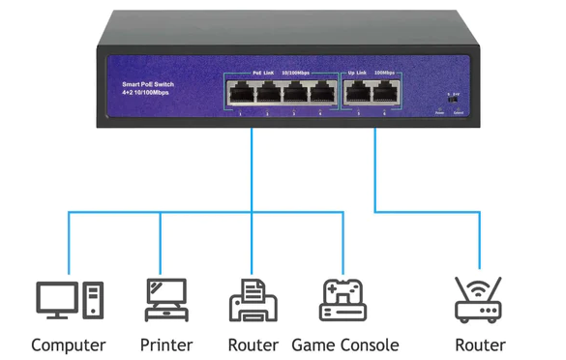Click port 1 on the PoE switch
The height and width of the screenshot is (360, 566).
click(x=241, y=94)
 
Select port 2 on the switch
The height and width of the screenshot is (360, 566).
click(x=267, y=94)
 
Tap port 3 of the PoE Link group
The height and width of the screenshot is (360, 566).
click(x=293, y=94)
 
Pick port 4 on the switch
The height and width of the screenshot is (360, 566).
click(x=319, y=94)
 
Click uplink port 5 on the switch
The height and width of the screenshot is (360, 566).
click(x=359, y=94)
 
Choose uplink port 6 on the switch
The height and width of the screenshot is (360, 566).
click(x=385, y=94)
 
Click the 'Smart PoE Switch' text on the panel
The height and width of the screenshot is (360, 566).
click(x=148, y=85)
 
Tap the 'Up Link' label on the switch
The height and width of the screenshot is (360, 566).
click(x=357, y=73)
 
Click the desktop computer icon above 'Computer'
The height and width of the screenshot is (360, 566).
click(x=69, y=300)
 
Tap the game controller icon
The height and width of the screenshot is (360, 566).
click(x=343, y=300)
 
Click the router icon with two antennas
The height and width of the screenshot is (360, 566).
click(x=479, y=300)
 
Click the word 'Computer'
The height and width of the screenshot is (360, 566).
click(x=69, y=345)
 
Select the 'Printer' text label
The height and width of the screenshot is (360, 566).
click(x=165, y=345)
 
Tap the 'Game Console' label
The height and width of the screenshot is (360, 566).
click(x=344, y=345)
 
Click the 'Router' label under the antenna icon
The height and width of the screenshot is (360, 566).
click(x=480, y=345)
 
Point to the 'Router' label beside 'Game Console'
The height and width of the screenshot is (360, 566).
click(x=253, y=345)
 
